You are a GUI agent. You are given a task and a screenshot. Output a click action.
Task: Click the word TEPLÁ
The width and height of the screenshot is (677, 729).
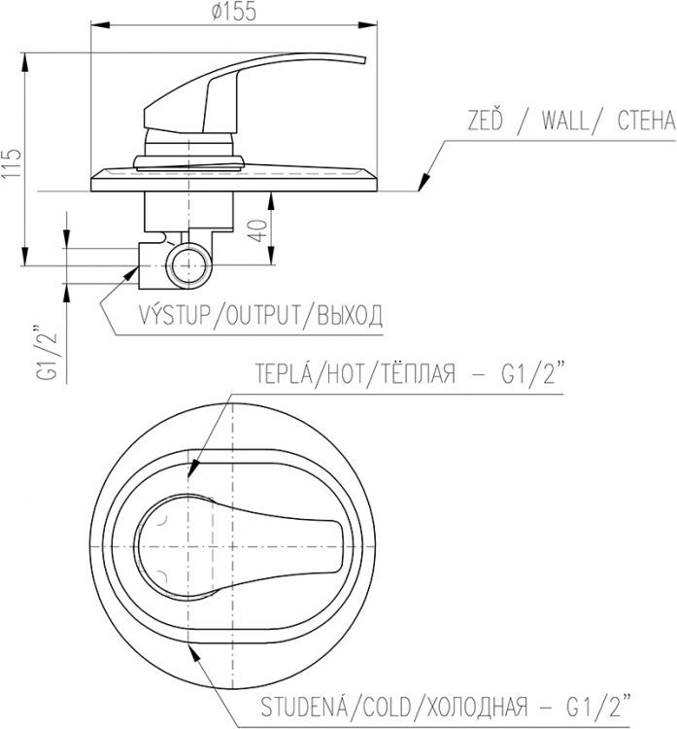pyautogui.click(x=283, y=375)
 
